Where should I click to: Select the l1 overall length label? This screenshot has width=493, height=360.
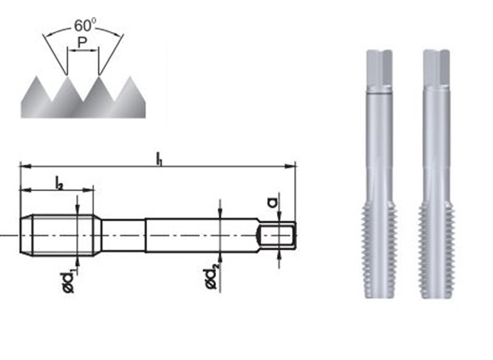(159, 159)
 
